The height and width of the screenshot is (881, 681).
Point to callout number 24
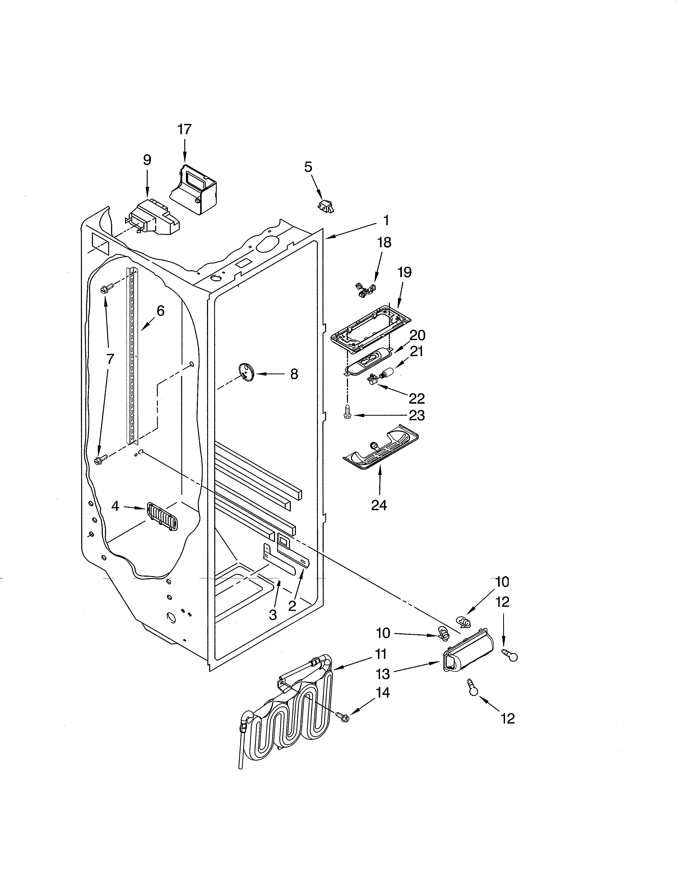coord(379,505)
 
